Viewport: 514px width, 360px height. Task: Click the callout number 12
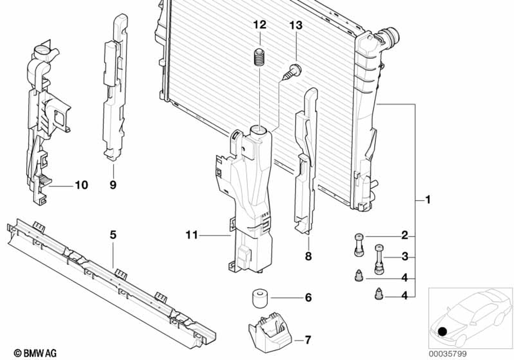[x=260, y=25]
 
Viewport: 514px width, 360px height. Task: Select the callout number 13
[x=296, y=25]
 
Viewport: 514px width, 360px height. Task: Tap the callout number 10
[x=82, y=184]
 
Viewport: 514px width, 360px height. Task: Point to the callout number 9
[x=113, y=184]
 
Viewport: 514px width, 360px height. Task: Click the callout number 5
[x=113, y=235]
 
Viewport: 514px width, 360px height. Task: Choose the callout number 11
[x=192, y=236]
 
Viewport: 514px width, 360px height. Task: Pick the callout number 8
[x=308, y=256]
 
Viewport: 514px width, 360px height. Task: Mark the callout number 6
[x=308, y=297]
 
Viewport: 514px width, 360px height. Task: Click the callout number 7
[x=308, y=340]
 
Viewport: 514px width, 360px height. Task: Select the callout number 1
[x=427, y=199]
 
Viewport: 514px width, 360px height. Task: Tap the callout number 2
[x=405, y=236]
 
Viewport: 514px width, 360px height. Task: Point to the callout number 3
[x=405, y=256]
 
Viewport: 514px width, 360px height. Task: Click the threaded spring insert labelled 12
[x=260, y=57]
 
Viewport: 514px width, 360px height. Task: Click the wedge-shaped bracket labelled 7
[x=269, y=329]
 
